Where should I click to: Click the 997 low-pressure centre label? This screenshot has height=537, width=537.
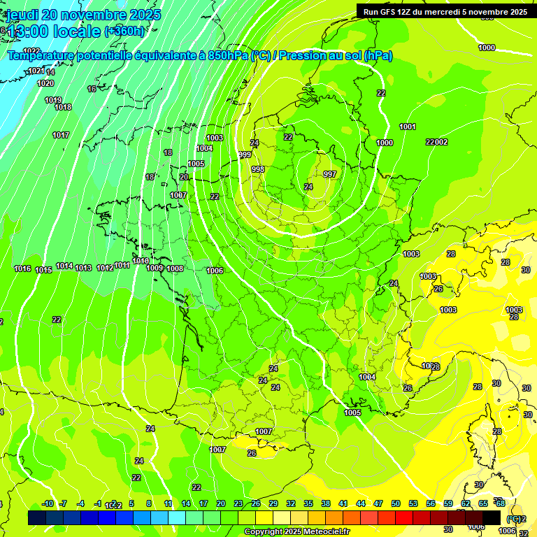330,174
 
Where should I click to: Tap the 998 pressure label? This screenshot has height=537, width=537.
258,170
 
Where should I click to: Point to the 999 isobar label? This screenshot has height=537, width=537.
245,155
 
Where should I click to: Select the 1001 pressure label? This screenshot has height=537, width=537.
408,127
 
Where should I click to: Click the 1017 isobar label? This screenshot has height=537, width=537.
61,135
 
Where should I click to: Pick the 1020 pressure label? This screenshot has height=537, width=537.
45,83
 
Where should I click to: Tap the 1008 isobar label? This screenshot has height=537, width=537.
175,268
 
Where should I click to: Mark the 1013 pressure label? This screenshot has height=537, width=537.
83,268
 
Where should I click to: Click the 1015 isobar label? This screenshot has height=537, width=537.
43,270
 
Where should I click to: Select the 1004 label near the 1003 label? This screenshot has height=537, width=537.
204,148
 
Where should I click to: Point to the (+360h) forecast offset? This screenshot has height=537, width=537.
125,31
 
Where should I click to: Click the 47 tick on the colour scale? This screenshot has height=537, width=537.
378,503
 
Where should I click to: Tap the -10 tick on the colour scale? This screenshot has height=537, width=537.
48,503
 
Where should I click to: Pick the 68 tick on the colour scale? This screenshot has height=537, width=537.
501,503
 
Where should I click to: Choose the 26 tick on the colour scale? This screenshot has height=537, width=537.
256,503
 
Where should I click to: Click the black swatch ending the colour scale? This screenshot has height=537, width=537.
491,517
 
